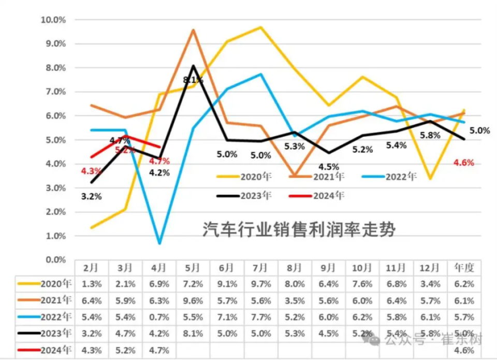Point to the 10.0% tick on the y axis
click(x=53, y=20)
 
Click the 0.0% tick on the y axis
click(x=55, y=260)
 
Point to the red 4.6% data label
click(x=464, y=162)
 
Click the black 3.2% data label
click(x=91, y=196)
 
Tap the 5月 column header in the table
click(x=193, y=268)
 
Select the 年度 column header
click(x=464, y=268)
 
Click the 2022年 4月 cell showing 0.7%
click(x=159, y=316)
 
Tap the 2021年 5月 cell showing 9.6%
click(x=193, y=300)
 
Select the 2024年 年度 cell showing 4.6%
click(x=464, y=350)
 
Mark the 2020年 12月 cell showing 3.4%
click(x=430, y=284)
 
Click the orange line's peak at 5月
click(x=193, y=30)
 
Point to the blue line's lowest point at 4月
click(x=159, y=243)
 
